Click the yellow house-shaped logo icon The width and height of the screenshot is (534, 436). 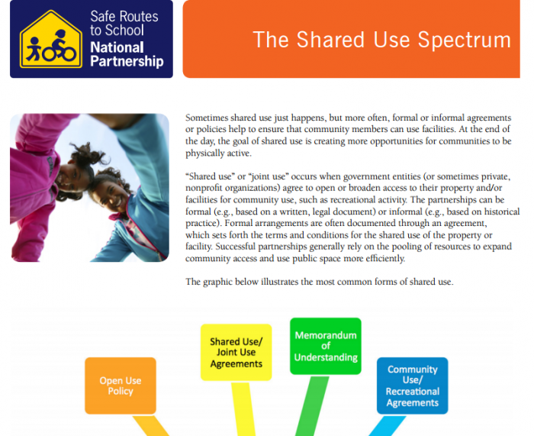[x=51, y=39]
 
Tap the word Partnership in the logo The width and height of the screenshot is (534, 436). [x=127, y=62]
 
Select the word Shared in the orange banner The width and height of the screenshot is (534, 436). [x=330, y=40]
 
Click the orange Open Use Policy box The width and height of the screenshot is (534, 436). [x=121, y=386]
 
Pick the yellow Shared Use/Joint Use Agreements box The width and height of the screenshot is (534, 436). [x=236, y=352]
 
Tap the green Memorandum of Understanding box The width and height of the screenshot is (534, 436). [x=326, y=346]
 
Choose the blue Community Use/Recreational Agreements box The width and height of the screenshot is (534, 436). [x=413, y=386]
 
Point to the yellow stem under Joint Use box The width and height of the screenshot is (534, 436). [x=243, y=409]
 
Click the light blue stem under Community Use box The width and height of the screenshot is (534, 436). [x=388, y=426]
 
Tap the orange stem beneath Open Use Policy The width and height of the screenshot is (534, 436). [x=151, y=426]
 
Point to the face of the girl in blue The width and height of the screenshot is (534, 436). [x=109, y=195]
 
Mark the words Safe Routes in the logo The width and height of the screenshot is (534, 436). [x=124, y=17]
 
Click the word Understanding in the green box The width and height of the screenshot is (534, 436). [x=326, y=357]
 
